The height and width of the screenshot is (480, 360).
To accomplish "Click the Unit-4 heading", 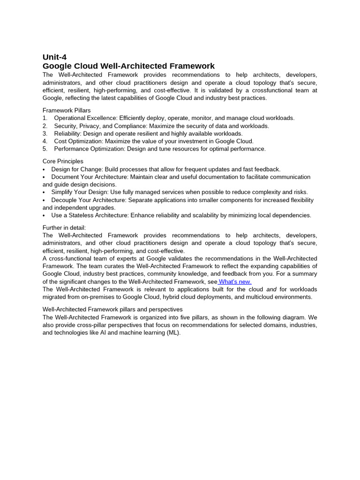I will click(x=54, y=57).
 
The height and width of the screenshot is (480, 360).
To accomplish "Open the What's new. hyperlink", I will click(x=235, y=282).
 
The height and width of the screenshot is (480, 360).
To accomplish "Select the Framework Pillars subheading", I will click(x=67, y=110).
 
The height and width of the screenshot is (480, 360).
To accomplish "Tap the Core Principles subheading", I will click(x=63, y=161).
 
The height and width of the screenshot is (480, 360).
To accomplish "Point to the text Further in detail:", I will click(x=64, y=228).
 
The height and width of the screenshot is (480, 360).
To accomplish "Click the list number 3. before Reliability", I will click(x=45, y=134).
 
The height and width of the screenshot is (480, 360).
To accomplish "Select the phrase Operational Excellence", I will click(x=86, y=118).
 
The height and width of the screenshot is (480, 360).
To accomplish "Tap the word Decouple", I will click(x=65, y=200).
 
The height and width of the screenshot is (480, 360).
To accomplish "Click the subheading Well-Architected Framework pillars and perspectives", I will click(x=112, y=309).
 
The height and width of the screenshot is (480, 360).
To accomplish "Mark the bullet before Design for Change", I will click(x=44, y=169).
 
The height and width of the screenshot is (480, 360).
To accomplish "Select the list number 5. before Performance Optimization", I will click(x=45, y=149).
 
